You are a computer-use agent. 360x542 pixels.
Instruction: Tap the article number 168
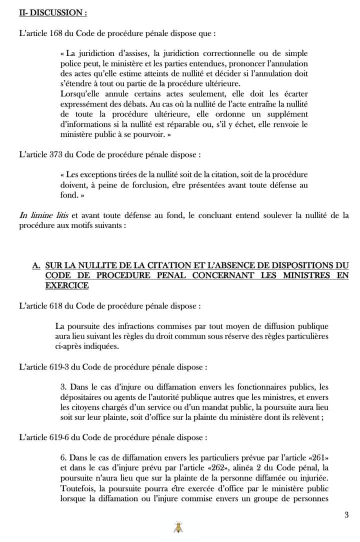coord(56,33)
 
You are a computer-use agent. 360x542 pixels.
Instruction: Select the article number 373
coord(56,155)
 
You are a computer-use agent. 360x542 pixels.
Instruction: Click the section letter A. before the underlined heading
coord(36,266)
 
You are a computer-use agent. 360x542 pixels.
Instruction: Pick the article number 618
coord(56,305)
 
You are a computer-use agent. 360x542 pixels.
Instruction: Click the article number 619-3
coord(59,366)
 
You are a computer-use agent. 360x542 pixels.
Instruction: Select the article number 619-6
coord(59,437)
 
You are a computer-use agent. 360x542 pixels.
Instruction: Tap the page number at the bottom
coord(346,515)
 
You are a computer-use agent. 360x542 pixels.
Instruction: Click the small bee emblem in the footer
coord(177,527)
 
